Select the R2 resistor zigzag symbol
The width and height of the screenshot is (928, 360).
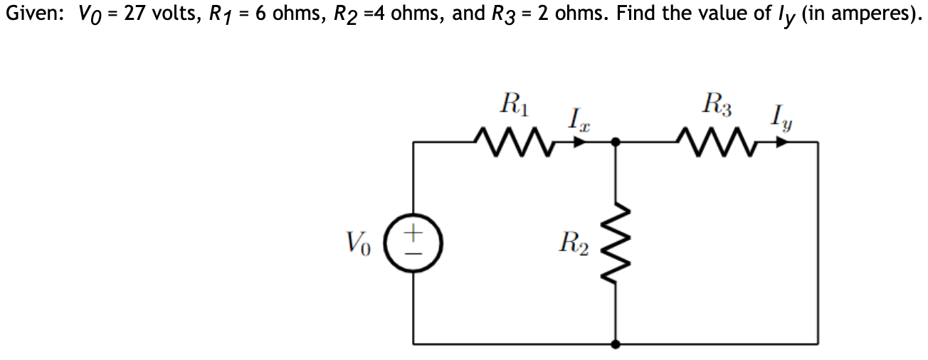tap(616, 241)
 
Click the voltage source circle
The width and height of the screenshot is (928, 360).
tap(414, 241)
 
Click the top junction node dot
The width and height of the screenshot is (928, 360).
tap(616, 142)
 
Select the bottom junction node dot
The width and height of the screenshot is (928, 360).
tap(616, 344)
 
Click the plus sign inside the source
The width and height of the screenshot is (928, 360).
tap(414, 232)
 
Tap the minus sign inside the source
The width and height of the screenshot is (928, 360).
tap(414, 251)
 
